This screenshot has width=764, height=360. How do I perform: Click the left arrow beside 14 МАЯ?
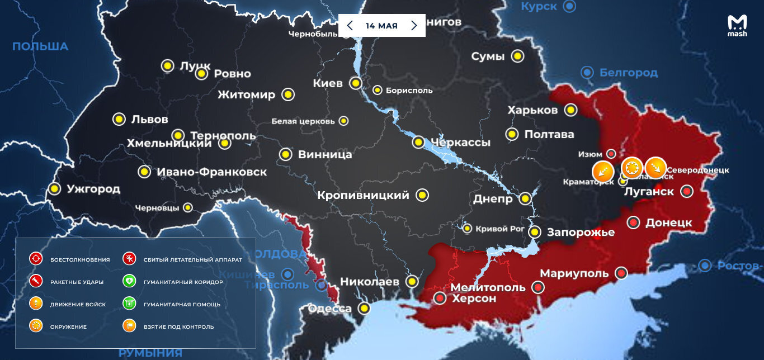350,26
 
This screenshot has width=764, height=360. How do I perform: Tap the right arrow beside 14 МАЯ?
414,26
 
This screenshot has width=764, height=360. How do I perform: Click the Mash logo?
737,26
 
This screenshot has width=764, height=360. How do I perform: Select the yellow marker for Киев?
355,83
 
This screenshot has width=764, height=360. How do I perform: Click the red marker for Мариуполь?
621,273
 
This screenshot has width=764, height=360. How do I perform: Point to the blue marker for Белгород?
587,72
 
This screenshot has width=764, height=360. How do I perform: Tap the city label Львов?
149,119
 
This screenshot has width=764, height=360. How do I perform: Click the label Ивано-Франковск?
212,172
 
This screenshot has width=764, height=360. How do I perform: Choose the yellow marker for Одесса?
365,308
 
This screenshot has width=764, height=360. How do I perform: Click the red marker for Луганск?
687,192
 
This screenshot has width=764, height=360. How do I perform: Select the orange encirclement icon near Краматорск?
632,168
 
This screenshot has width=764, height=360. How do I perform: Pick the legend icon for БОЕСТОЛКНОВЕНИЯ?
36,259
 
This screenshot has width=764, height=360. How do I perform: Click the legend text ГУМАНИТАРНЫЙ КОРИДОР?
183,282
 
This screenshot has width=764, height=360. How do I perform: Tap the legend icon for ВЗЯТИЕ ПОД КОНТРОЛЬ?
129,326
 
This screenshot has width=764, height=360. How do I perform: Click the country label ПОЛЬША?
40,46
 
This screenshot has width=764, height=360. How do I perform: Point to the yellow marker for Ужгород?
54,189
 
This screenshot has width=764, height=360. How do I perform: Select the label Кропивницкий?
364,196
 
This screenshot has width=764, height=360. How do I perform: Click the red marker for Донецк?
633,222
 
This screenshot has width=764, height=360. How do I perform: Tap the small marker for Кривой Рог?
467,229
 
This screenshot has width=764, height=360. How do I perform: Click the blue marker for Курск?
569,7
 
